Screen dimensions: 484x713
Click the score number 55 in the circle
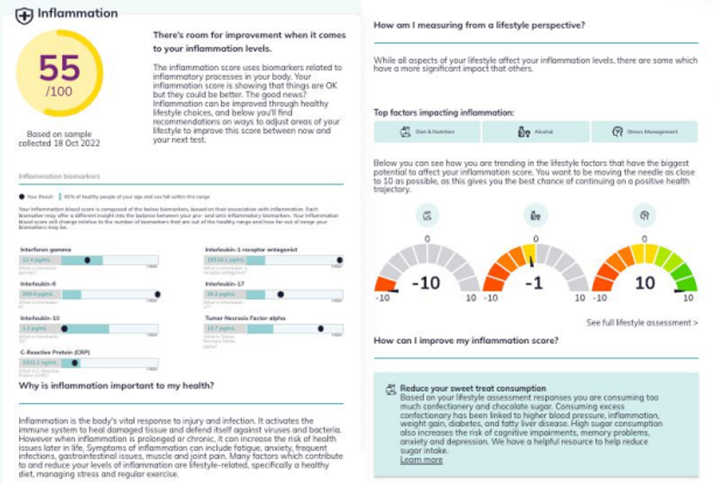59,68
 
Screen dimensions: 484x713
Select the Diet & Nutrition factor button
427,132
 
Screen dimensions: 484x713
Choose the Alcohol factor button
536,132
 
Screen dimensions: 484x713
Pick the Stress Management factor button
644,132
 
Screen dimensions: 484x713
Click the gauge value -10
427,283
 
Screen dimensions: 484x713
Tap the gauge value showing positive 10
644,283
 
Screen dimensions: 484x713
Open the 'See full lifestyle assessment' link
642,323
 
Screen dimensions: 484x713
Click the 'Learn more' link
421,460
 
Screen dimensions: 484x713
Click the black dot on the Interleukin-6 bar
158,294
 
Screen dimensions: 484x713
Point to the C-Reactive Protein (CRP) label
58,352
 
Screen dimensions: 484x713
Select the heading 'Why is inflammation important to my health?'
116,386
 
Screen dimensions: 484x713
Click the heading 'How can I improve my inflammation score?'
465,340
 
